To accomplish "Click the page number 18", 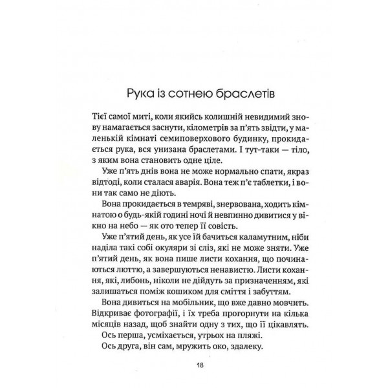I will point(199,365).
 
